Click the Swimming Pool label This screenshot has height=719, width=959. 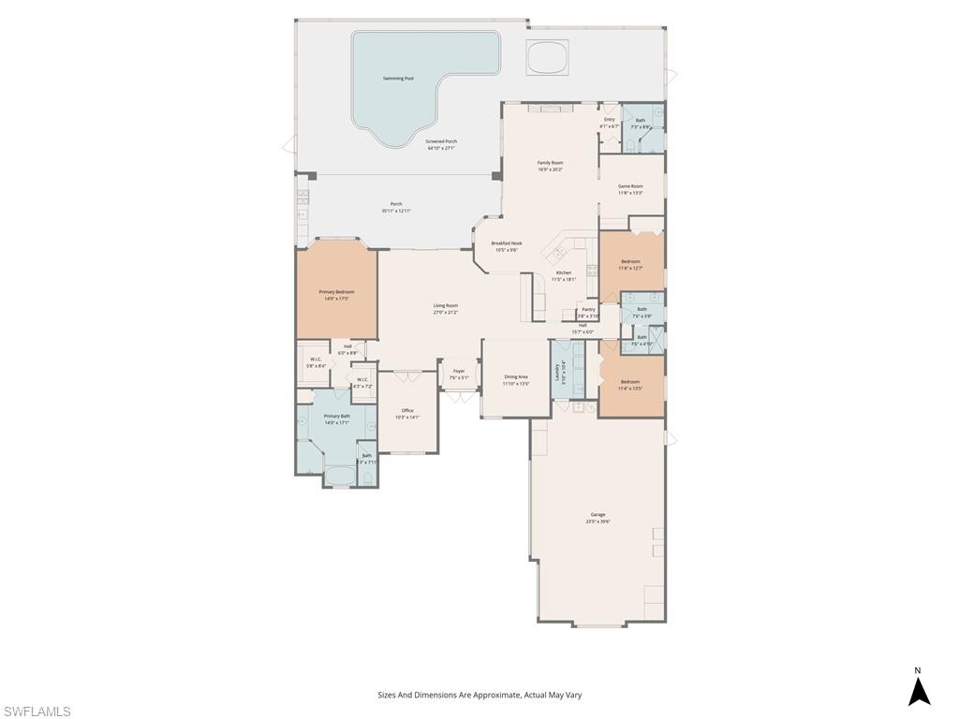398,79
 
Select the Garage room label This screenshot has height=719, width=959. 598,515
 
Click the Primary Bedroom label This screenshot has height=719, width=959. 336,292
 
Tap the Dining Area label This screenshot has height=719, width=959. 516,377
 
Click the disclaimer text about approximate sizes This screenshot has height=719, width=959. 479,695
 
